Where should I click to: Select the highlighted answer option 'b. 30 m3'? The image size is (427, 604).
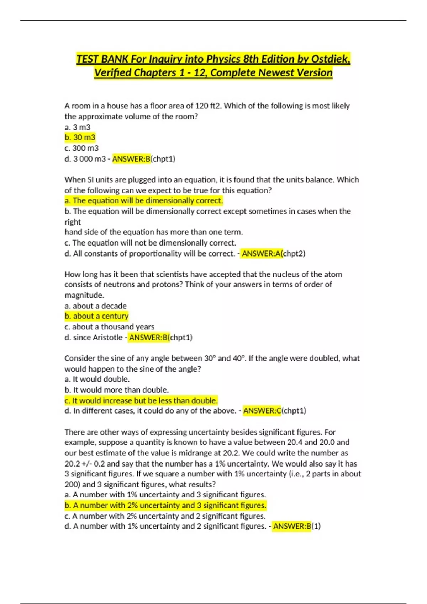(x=80, y=137)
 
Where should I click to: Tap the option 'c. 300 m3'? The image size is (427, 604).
(x=81, y=148)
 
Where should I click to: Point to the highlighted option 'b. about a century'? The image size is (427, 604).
(x=96, y=316)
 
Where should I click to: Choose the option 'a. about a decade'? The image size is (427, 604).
(x=95, y=306)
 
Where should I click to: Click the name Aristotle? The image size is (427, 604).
(x=107, y=338)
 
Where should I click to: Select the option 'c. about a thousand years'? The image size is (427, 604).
(x=110, y=327)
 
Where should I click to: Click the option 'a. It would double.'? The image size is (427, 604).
(x=97, y=379)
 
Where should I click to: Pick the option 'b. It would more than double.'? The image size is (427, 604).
(x=117, y=390)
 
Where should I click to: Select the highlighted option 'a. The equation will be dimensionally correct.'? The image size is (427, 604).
(x=144, y=201)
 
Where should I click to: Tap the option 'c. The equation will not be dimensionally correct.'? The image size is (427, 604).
(x=150, y=243)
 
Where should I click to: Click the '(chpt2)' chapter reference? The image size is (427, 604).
(x=294, y=254)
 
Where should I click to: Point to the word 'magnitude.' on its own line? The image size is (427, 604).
(x=84, y=295)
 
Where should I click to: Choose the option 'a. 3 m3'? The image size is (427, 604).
(x=78, y=127)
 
